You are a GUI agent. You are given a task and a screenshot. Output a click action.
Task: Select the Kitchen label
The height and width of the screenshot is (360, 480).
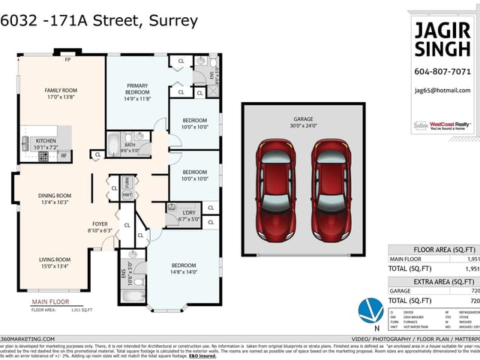pos(46,144)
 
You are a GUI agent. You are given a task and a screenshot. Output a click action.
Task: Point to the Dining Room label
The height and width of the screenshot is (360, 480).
pos(54,199)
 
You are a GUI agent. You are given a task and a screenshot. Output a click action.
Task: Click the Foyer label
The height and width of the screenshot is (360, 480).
pos(100,227)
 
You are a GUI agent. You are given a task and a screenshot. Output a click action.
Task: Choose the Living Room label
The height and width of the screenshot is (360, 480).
pos(54,262)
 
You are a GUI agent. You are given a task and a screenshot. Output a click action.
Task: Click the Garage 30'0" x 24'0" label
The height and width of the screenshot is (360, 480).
pos(304,123)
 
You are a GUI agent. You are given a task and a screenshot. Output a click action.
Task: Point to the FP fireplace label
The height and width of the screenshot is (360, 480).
pos(67,59)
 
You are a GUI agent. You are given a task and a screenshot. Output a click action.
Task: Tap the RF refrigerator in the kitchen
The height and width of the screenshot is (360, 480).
pos(64,155)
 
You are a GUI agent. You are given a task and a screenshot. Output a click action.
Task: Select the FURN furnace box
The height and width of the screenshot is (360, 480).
pos(127,181)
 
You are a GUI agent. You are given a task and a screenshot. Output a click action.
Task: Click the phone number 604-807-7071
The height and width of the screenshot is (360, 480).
pos(442,72)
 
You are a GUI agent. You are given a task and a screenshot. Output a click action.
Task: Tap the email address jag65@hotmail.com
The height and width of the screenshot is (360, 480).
pos(442,90)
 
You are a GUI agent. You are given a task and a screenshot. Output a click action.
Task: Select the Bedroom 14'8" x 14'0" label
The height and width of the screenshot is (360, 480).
pos(183,268)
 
